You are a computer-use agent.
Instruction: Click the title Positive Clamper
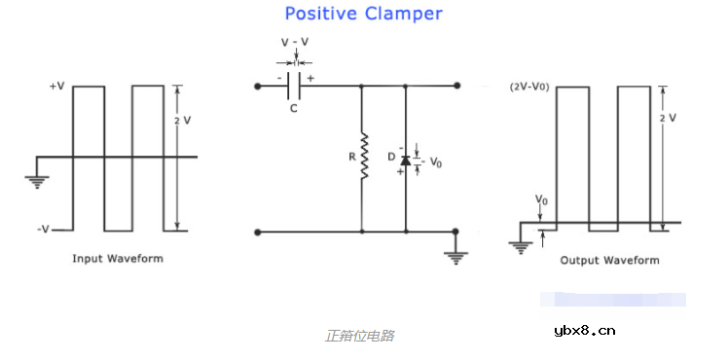click(363, 14)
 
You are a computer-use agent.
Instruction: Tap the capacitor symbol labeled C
click(293, 87)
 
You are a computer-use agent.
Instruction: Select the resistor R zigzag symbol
click(363, 158)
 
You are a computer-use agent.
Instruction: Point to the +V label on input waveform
click(56, 87)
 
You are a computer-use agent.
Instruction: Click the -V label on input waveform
click(44, 230)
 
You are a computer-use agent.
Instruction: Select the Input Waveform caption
click(118, 259)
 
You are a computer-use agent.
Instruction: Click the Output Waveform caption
click(609, 260)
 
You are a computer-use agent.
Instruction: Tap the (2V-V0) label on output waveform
click(529, 87)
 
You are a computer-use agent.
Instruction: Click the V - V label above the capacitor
click(295, 43)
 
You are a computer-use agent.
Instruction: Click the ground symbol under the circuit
click(454, 255)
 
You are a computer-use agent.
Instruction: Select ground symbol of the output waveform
click(520, 246)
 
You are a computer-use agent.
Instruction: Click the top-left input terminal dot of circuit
click(257, 87)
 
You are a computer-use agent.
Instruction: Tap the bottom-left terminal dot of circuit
click(257, 232)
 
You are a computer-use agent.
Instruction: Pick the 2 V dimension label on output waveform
click(668, 117)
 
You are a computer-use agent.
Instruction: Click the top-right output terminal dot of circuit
click(454, 87)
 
